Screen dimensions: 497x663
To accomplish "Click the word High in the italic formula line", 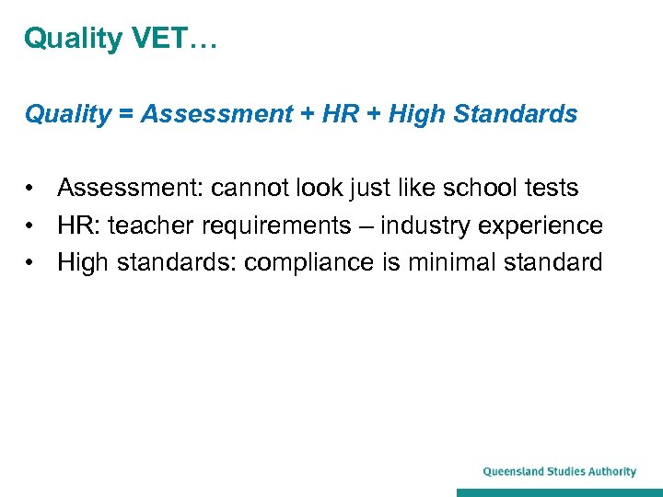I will click(x=415, y=114).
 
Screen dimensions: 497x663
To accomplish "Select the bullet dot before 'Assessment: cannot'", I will click(x=31, y=189).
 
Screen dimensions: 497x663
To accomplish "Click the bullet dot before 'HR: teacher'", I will click(x=31, y=225).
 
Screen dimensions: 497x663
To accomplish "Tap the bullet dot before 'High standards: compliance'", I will click(x=31, y=262).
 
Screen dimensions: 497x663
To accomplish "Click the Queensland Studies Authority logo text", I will click(x=559, y=472).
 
